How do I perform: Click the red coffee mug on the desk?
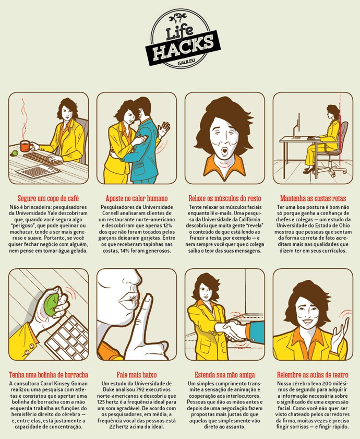25,146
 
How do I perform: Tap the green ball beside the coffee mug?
15,153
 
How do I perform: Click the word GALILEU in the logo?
184,63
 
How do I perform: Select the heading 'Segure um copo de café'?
49,198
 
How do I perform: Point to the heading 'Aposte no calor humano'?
137,198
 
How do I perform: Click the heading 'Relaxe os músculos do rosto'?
225,198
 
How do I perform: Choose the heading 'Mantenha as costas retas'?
313,198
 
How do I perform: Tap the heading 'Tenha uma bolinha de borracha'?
49,375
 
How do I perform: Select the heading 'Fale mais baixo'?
137,375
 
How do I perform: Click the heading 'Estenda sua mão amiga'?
225,375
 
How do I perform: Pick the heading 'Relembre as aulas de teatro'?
313,375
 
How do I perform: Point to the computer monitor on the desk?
297,126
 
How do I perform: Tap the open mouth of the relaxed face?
224,152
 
